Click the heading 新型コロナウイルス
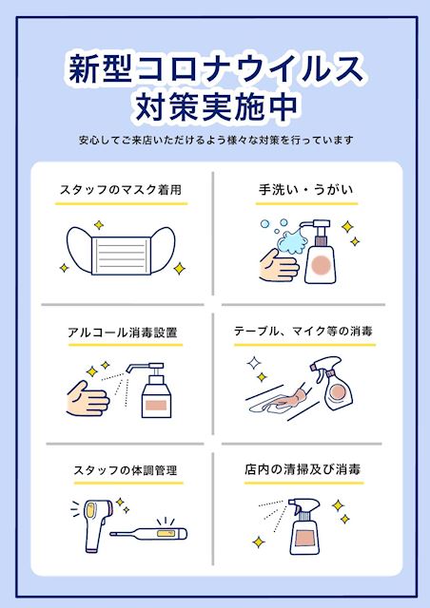click(x=216, y=69)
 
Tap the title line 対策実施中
click(x=216, y=105)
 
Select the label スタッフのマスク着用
click(x=121, y=190)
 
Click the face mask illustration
click(x=121, y=251)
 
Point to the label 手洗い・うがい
click(x=306, y=189)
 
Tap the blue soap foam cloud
click(x=292, y=241)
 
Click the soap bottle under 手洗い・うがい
click(x=320, y=252)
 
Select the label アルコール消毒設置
click(x=123, y=332)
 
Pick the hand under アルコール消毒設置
click(x=88, y=399)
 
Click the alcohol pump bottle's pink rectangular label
click(x=156, y=406)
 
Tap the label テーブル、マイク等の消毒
click(x=303, y=332)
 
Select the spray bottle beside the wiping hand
click(x=332, y=384)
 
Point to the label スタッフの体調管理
click(x=126, y=470)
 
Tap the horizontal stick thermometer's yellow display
click(x=166, y=534)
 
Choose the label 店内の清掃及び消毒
click(x=303, y=469)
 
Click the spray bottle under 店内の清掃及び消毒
click(x=304, y=526)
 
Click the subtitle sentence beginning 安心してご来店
click(x=216, y=140)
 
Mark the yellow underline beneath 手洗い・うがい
click(x=306, y=203)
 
